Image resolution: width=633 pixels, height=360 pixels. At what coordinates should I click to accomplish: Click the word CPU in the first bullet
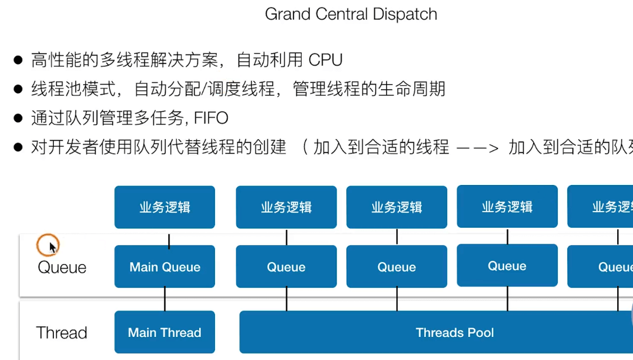click(x=325, y=59)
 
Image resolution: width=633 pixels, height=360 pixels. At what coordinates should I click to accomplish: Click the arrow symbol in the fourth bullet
click(x=478, y=148)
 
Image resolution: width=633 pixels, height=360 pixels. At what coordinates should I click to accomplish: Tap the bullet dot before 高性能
click(x=19, y=59)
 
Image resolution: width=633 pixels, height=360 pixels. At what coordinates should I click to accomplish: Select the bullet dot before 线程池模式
click(x=19, y=89)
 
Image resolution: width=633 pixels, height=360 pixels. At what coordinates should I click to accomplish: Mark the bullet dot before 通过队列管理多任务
click(x=19, y=118)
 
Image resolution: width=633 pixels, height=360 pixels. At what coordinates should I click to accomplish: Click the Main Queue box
click(x=164, y=267)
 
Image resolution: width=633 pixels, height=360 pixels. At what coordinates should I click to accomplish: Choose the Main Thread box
click(x=164, y=333)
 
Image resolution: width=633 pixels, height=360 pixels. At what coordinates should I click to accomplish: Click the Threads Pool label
click(x=455, y=333)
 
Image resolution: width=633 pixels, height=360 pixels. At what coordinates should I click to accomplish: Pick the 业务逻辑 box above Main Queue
click(x=164, y=207)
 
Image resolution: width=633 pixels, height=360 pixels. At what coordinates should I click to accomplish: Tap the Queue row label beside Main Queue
click(x=62, y=267)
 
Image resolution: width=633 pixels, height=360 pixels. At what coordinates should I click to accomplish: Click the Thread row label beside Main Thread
click(x=62, y=333)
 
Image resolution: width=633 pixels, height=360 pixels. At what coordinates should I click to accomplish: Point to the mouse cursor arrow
click(x=52, y=247)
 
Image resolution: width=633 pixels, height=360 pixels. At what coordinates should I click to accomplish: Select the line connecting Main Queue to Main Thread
click(x=164, y=299)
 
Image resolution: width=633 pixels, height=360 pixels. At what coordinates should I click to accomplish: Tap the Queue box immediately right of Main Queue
click(x=286, y=267)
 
